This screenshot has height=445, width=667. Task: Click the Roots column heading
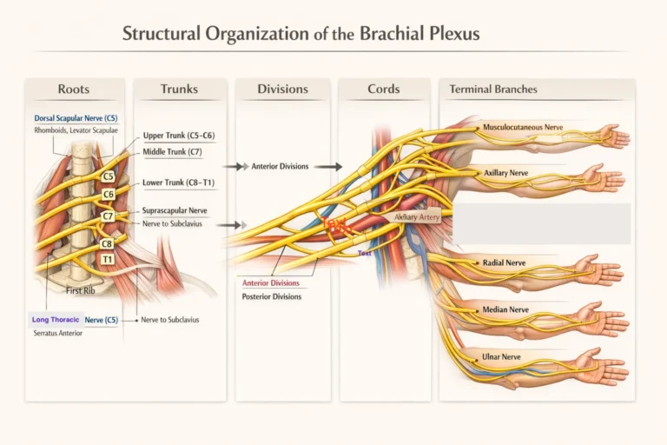(x=73, y=90)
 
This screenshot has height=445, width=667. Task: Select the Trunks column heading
(x=179, y=90)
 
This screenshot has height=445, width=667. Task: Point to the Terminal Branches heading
(x=492, y=90)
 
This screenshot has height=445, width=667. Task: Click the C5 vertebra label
(x=109, y=176)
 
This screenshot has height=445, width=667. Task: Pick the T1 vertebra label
(x=107, y=259)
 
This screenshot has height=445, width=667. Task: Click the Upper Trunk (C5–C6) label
(x=178, y=136)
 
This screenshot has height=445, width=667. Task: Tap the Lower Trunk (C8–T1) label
(x=178, y=183)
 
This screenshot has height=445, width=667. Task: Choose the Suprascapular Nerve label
(x=174, y=210)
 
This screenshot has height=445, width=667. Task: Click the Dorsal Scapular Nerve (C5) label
(x=76, y=117)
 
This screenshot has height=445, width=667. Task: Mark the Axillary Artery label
(x=418, y=216)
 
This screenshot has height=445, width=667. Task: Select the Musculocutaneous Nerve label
(x=525, y=127)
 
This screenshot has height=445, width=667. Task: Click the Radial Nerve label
(x=505, y=262)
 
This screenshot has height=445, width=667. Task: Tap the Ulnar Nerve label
(x=501, y=356)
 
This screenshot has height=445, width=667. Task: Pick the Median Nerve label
(x=505, y=309)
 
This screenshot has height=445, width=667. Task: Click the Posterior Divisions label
(x=272, y=297)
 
